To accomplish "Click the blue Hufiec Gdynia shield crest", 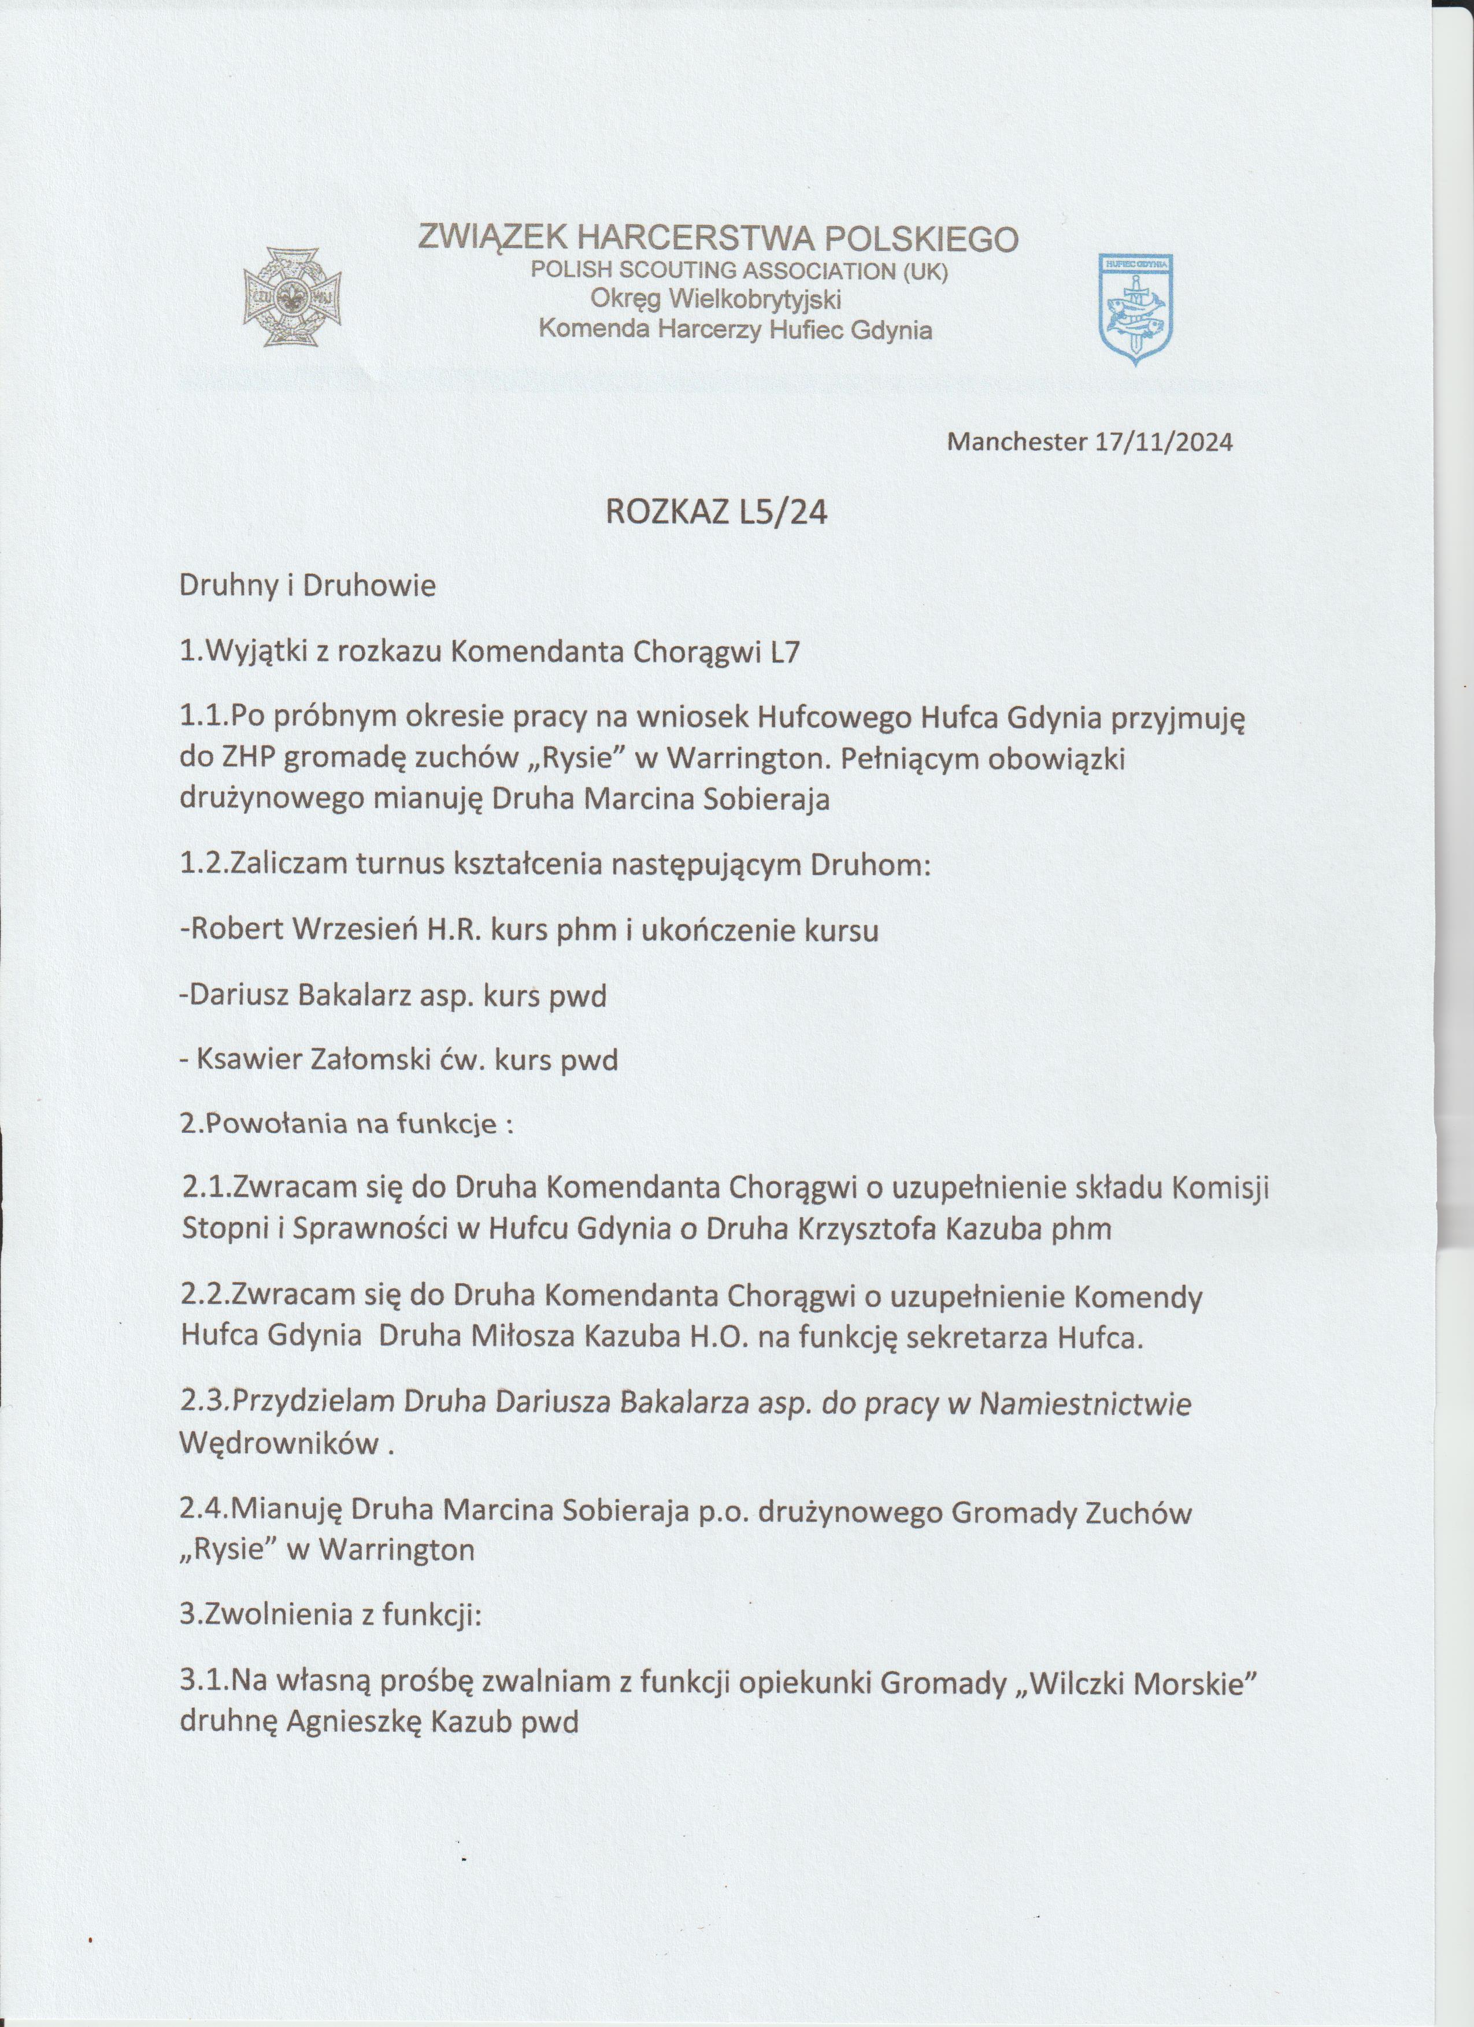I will click(x=1136, y=307).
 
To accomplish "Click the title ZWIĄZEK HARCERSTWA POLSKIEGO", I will click(x=718, y=239).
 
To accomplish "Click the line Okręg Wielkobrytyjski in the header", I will click(x=717, y=298).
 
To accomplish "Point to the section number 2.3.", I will click(x=205, y=1404).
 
